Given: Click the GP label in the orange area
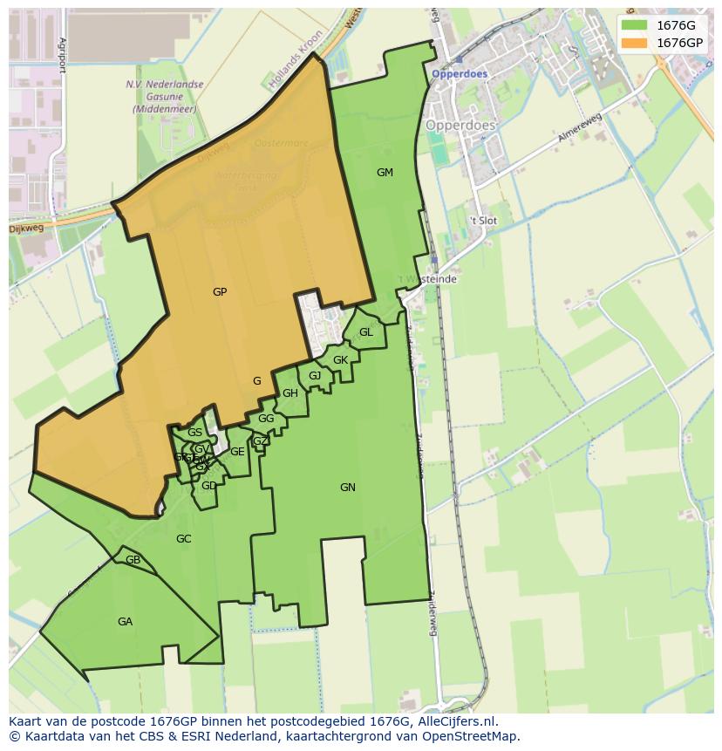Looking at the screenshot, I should [x=220, y=292].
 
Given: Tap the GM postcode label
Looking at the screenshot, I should [x=385, y=173].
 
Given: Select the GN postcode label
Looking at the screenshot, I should [x=348, y=488].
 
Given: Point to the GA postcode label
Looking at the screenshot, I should [x=125, y=622].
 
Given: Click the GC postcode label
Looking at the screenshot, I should [x=183, y=539].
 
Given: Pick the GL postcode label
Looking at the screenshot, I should [x=366, y=332].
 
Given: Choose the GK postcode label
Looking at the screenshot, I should [x=340, y=360].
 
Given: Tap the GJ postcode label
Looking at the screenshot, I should [x=315, y=376].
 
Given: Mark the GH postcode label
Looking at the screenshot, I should [x=290, y=393].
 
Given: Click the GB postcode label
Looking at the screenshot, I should [x=133, y=560].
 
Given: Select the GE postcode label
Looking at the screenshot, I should [x=237, y=452].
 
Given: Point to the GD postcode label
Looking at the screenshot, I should [x=208, y=486].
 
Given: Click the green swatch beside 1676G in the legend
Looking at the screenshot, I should [x=634, y=25].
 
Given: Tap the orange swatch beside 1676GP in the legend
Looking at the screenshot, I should [x=634, y=42].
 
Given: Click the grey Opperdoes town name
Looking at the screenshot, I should [x=460, y=125].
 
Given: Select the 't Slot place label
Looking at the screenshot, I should [x=482, y=221].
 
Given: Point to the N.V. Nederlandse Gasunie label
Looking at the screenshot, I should [x=164, y=97].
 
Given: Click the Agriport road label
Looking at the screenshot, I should [x=63, y=55].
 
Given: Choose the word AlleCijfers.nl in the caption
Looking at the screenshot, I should [x=454, y=721].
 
